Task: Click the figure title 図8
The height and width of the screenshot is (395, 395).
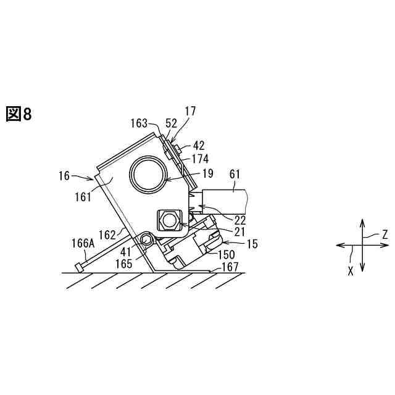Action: [18, 114]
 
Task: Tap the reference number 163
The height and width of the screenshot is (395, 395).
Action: [139, 123]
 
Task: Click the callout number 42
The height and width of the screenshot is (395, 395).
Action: [199, 146]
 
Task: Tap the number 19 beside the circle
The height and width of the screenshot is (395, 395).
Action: [207, 173]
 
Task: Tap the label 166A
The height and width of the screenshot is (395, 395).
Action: [82, 244]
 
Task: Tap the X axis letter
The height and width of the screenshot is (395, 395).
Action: [351, 270]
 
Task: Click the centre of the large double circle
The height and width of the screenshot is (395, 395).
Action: [148, 172]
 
